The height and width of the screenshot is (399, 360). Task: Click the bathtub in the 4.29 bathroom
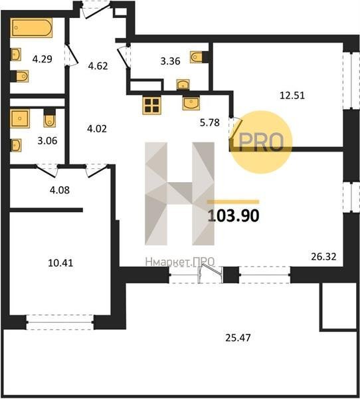pos(31,28)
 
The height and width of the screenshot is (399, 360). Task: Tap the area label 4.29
pos(43,59)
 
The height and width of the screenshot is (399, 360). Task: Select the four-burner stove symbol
pos(152,105)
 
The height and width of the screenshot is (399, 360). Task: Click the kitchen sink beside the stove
pos(191,103)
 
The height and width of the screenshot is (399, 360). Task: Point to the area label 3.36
pos(170,61)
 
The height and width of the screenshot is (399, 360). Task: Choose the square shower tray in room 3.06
pos(20,118)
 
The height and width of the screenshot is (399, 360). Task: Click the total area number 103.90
pos(233,215)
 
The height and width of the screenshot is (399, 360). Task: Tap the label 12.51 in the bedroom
pos(292,95)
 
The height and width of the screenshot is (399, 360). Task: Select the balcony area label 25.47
pos(238,338)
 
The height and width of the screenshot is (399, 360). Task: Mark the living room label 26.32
pos(323,257)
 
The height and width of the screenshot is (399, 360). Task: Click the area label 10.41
pos(60,263)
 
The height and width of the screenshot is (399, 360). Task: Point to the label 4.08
pos(60,190)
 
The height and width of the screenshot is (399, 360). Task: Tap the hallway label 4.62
pos(98,66)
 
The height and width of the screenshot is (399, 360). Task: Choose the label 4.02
pos(97,129)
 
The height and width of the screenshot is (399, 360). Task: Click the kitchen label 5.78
pos(210,122)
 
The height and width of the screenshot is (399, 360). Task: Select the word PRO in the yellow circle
pos(261,142)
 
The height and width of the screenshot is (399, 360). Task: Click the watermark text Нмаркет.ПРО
pos(180,261)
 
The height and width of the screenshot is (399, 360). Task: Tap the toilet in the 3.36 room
pos(197,57)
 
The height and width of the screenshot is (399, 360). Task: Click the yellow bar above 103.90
pos(233,202)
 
